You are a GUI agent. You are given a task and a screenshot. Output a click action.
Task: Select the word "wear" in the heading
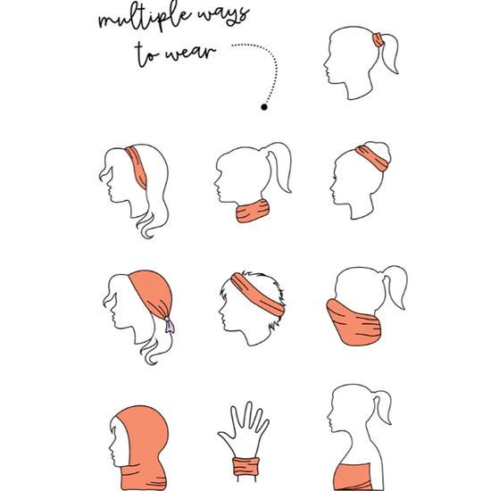click(x=191, y=53)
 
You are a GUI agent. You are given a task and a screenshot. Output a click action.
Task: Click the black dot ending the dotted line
click(x=264, y=107)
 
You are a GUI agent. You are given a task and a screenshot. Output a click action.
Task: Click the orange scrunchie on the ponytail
click(x=378, y=40)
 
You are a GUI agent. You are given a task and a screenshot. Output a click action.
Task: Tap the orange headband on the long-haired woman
click(x=137, y=167)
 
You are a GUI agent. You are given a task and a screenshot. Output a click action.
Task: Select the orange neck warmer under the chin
click(x=253, y=211)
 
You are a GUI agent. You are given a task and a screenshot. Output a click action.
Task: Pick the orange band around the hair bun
click(x=372, y=158)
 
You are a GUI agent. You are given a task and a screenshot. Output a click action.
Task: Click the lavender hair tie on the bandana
click(x=170, y=325)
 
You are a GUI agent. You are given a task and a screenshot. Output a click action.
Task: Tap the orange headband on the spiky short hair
click(x=257, y=295)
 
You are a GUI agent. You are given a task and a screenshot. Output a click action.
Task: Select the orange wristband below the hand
click(x=246, y=467)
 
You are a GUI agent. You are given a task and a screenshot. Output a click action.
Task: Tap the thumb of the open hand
click(x=226, y=437)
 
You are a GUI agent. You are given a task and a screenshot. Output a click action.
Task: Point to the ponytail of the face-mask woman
click(x=395, y=286)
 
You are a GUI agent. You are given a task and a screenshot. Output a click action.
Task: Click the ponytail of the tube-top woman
click(x=383, y=406)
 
